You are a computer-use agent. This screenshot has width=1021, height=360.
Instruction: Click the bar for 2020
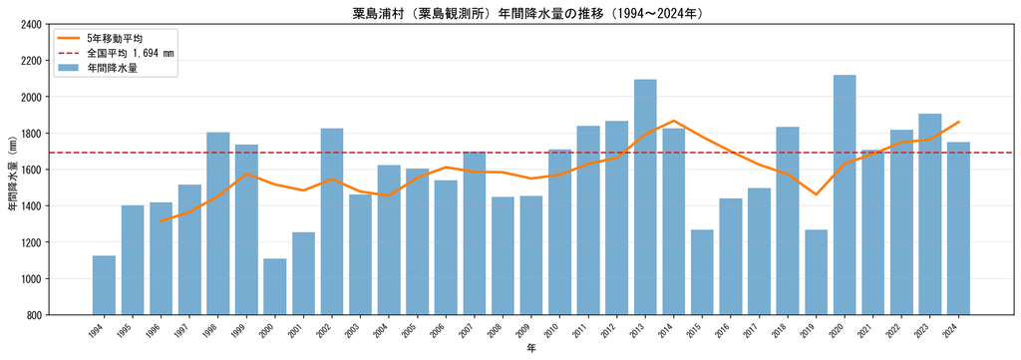click(844, 194)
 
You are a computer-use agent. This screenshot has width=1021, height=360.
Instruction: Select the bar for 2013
click(645, 197)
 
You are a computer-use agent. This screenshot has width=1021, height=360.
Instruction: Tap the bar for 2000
click(275, 287)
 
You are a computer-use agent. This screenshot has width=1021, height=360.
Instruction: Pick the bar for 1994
click(104, 285)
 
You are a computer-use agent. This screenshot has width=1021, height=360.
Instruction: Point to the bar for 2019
click(816, 272)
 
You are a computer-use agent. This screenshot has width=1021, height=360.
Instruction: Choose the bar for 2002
click(332, 222)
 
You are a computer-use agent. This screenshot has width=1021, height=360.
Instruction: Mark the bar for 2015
click(702, 272)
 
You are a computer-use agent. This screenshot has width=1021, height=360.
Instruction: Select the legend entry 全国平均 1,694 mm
click(114, 53)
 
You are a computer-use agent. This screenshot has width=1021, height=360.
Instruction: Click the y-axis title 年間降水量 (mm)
click(12, 170)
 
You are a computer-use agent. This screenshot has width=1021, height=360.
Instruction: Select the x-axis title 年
click(531, 349)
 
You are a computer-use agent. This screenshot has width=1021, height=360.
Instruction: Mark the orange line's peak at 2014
click(673, 121)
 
